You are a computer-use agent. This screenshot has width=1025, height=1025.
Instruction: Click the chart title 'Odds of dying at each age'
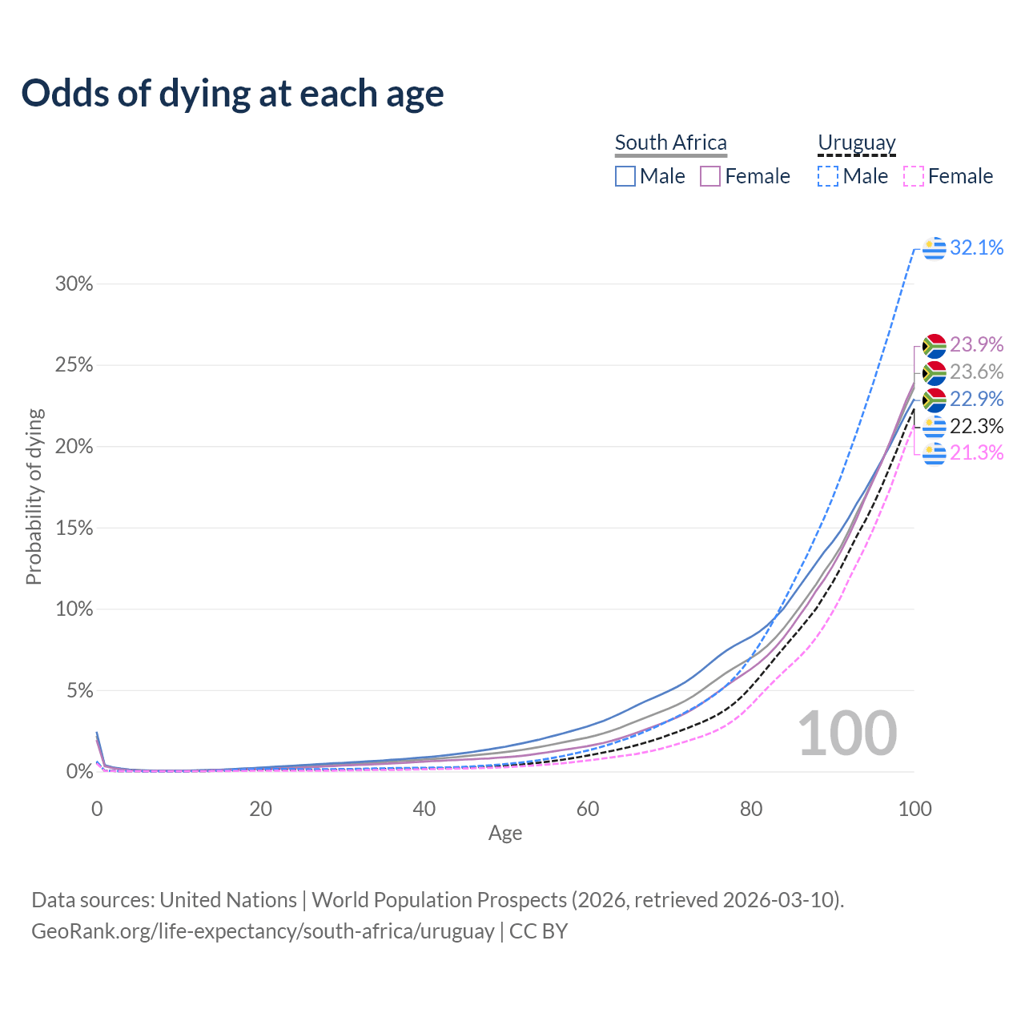click(232, 94)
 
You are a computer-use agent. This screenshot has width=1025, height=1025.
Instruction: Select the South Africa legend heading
click(670, 143)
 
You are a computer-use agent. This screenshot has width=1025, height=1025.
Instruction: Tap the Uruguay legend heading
click(856, 143)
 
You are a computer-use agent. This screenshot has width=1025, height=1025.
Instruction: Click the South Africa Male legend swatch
click(625, 176)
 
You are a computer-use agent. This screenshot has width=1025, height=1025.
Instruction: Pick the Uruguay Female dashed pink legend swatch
click(914, 176)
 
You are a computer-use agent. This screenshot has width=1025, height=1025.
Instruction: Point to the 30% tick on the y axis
click(74, 284)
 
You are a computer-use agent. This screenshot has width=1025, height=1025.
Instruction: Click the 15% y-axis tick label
click(74, 529)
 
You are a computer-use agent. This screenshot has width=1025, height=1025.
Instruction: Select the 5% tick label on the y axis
click(78, 691)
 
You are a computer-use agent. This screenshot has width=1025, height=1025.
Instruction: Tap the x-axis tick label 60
click(588, 809)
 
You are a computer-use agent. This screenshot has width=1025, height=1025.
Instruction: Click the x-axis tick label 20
click(260, 809)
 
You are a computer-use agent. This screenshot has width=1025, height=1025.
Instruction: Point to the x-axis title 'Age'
click(505, 834)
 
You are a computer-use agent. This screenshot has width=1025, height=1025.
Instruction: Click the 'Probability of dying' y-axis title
click(34, 496)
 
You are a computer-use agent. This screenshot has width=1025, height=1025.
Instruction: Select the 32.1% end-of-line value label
click(976, 248)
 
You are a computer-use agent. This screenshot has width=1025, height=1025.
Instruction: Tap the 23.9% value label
click(976, 344)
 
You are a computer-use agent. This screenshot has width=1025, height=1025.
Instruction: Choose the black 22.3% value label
click(976, 426)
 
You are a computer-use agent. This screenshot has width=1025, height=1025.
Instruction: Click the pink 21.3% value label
click(976, 453)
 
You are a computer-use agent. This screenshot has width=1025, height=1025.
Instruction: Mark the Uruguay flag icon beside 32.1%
click(934, 249)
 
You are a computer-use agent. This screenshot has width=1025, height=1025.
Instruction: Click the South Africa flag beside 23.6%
click(934, 372)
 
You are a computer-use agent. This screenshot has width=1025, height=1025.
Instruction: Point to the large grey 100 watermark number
click(847, 734)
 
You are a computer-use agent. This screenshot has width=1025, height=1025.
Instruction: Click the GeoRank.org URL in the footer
click(263, 931)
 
